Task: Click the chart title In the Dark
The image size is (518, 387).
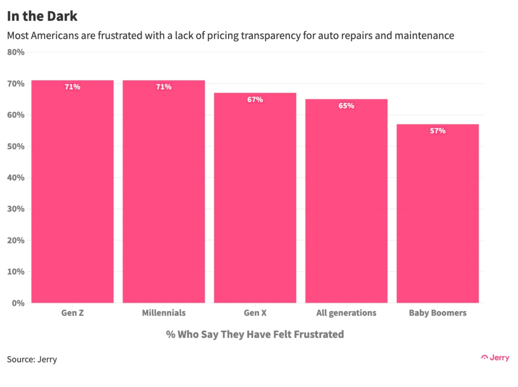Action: click(42, 16)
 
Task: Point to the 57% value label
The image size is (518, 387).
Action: click(438, 131)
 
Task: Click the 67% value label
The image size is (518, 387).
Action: click(255, 100)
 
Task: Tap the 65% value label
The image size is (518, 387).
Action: click(347, 106)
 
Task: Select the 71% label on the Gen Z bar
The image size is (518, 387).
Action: click(72, 87)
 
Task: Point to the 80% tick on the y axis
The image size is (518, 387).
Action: click(16, 52)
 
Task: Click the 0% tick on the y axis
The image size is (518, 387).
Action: click(18, 303)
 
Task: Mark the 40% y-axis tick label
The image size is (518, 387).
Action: click(16, 178)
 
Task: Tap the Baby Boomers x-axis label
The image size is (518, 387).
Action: click(438, 313)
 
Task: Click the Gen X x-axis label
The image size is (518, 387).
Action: click(255, 313)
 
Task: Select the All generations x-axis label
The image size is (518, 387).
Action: click(347, 313)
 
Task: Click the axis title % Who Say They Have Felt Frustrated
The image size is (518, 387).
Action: click(255, 334)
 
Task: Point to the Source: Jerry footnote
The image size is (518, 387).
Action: click(32, 360)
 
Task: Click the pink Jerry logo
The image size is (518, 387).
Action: click(495, 358)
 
